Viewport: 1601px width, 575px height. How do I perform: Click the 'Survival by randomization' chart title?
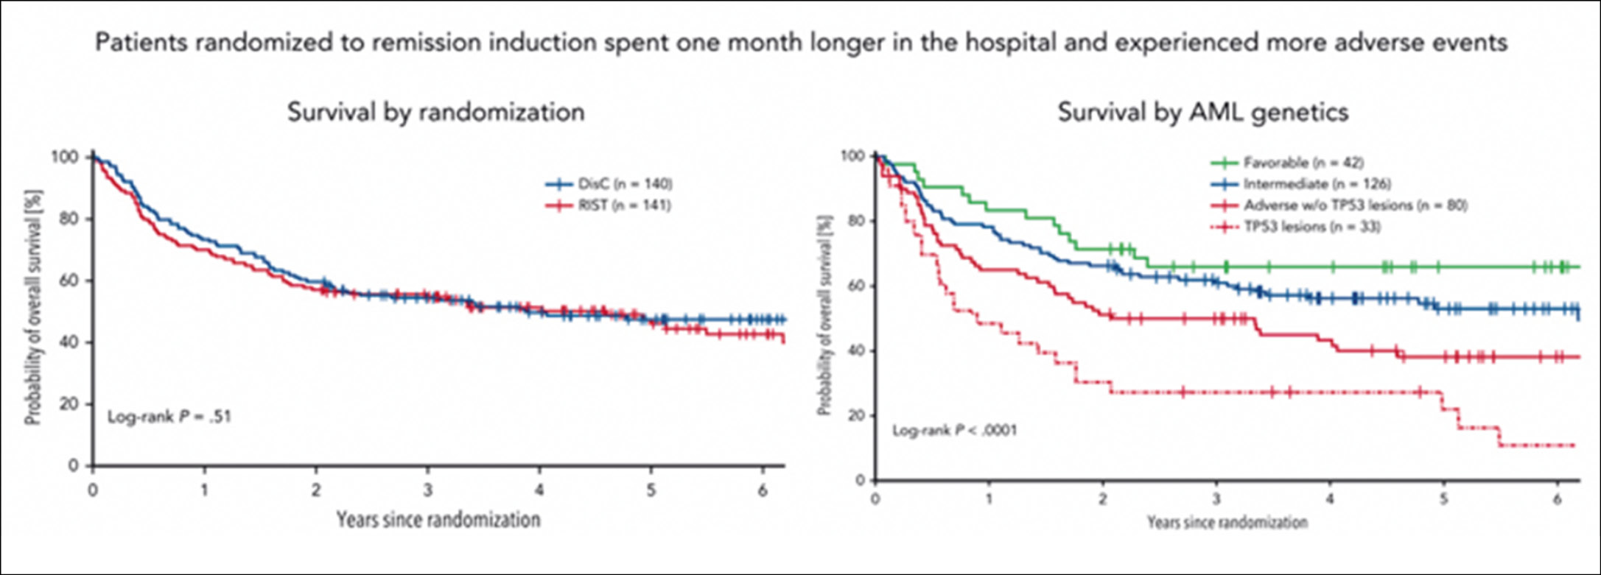[x=435, y=112]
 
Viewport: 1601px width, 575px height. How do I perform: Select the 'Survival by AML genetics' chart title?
[x=1203, y=112]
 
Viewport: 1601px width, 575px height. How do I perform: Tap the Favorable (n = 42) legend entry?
[x=1303, y=163]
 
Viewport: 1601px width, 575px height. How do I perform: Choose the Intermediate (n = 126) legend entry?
[x=1317, y=184]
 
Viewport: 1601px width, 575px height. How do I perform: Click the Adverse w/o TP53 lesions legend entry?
[x=1355, y=205]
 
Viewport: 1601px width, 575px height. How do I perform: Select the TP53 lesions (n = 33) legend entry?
[x=1311, y=227]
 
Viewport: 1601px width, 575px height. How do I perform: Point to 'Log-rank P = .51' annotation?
[x=169, y=417]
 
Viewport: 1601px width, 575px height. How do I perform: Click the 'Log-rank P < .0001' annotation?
[x=954, y=430]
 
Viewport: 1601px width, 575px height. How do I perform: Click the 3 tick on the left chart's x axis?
[x=427, y=490]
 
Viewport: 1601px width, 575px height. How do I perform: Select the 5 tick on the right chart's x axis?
[x=1443, y=498]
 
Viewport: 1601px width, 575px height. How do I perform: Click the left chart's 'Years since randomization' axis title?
[x=438, y=520]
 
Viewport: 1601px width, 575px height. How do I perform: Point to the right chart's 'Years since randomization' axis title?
[x=1227, y=523]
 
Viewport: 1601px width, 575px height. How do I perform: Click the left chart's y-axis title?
[x=33, y=308]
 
